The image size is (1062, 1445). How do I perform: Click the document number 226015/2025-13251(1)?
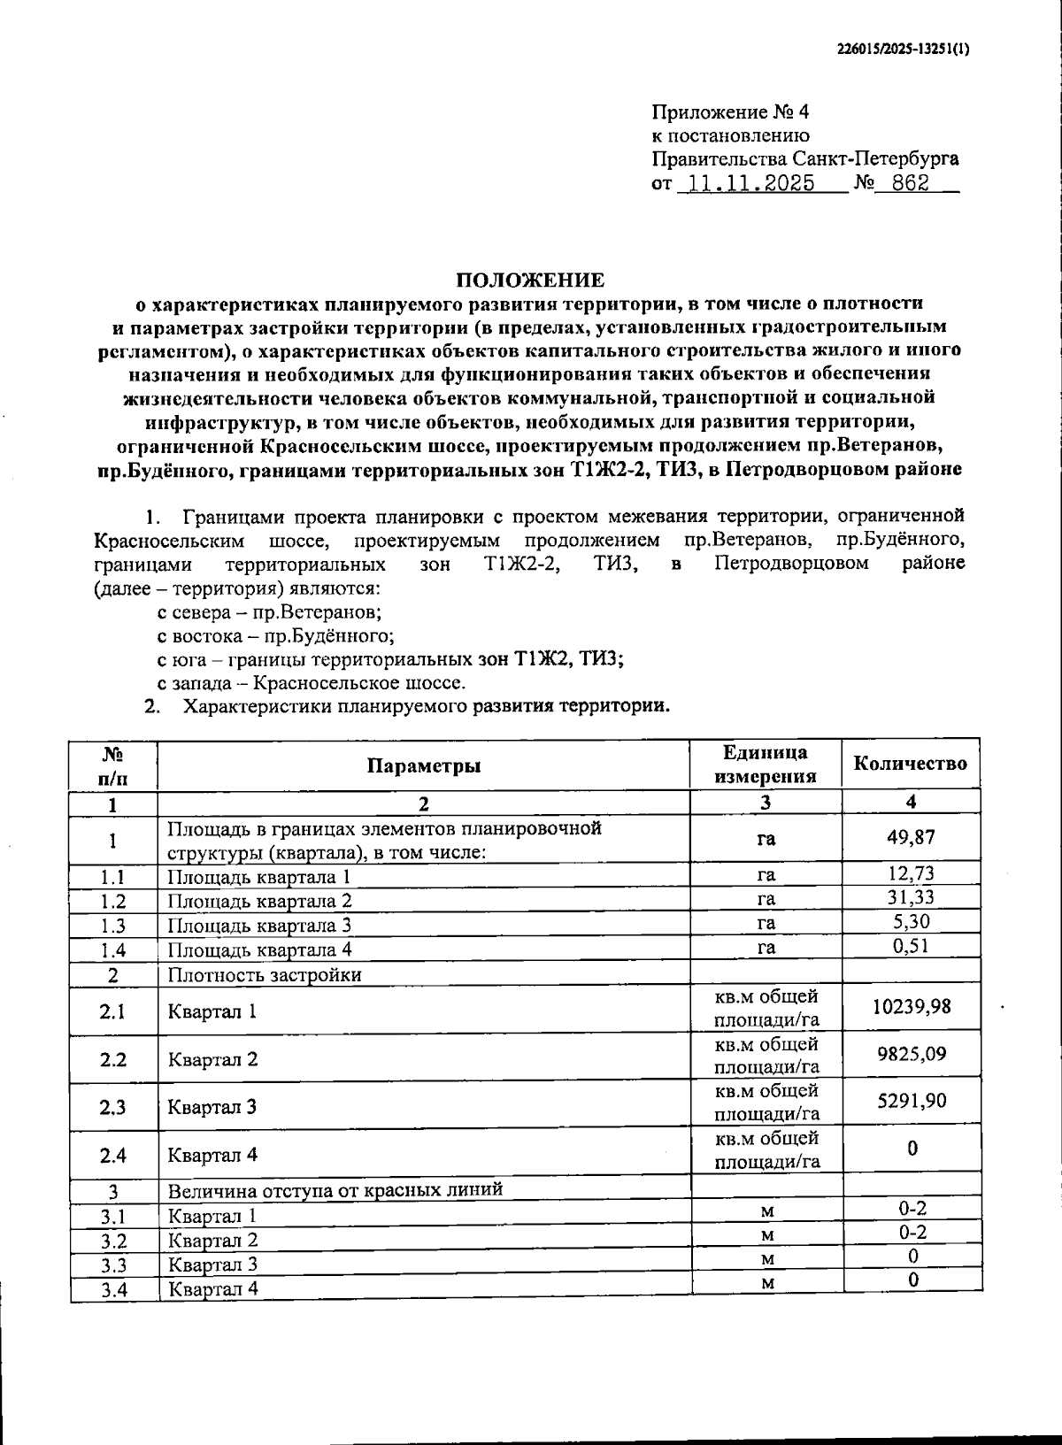pyautogui.click(x=903, y=50)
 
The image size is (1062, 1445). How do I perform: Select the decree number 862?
pyautogui.click(x=911, y=185)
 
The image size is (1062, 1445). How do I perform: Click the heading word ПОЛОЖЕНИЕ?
pyautogui.click(x=530, y=281)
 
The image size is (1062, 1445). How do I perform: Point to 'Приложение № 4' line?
pyautogui.click(x=730, y=112)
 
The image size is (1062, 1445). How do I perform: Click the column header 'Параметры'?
pyautogui.click(x=424, y=765)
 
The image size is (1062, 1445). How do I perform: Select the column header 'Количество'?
pyautogui.click(x=910, y=764)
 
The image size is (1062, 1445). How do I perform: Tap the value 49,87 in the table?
pyautogui.click(x=911, y=838)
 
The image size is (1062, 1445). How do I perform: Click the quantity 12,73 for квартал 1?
pyautogui.click(x=912, y=874)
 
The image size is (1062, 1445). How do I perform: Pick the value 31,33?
pyautogui.click(x=912, y=898)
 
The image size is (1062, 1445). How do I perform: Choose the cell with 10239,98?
pyautogui.click(x=912, y=1007)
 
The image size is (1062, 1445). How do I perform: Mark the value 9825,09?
pyautogui.click(x=912, y=1055)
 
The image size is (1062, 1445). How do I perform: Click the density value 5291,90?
pyautogui.click(x=912, y=1102)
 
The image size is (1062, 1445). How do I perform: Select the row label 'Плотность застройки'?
pyautogui.click(x=265, y=975)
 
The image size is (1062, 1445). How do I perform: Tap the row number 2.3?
pyautogui.click(x=113, y=1107)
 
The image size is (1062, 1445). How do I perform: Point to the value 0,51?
pyautogui.click(x=912, y=946)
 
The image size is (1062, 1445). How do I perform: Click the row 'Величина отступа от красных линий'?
pyautogui.click(x=335, y=1189)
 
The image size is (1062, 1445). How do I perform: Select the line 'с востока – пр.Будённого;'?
pyautogui.click(x=275, y=635)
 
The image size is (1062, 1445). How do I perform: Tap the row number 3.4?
pyautogui.click(x=113, y=1289)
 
